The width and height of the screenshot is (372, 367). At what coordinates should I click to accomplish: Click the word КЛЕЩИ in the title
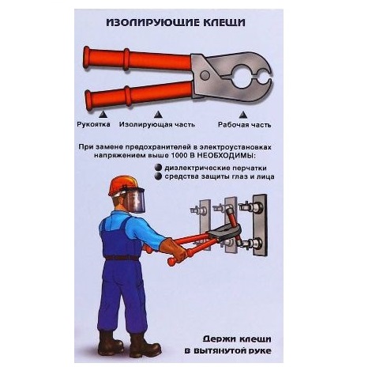224,22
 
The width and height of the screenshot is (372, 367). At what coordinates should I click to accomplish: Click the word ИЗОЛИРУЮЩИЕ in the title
153,22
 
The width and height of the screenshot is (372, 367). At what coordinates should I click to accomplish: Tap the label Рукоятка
93,124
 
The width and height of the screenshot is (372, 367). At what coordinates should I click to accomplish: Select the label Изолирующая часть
157,124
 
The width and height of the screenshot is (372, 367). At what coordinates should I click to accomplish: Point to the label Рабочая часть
244,125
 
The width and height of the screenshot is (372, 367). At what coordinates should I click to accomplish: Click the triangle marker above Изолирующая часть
158,115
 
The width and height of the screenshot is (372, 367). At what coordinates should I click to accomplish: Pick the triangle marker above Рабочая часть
242,115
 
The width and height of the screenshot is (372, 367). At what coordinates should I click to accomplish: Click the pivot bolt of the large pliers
205,75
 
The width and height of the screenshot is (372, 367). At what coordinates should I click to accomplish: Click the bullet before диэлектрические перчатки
158,168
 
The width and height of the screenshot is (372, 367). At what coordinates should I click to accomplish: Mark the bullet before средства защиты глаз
158,176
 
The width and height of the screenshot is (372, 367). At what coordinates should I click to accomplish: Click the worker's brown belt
122,258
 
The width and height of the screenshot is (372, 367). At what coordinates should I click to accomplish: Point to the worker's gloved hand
176,250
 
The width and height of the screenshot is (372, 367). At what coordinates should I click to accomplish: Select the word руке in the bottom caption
260,351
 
